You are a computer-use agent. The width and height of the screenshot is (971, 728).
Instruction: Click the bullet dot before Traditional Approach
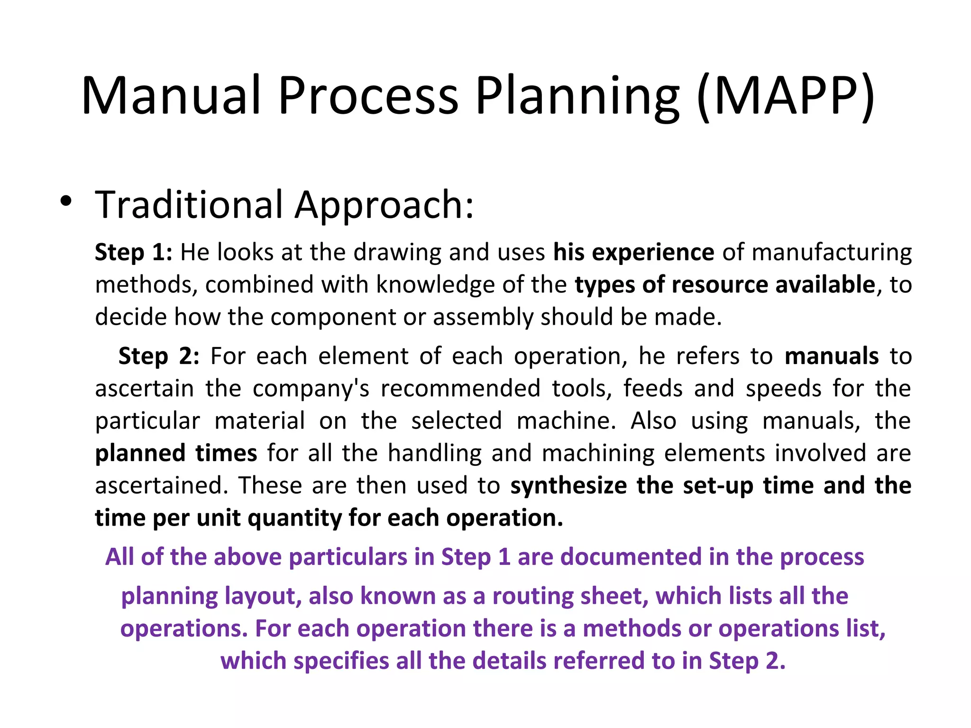point(66,201)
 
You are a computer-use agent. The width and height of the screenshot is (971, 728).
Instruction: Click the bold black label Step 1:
point(133,252)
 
